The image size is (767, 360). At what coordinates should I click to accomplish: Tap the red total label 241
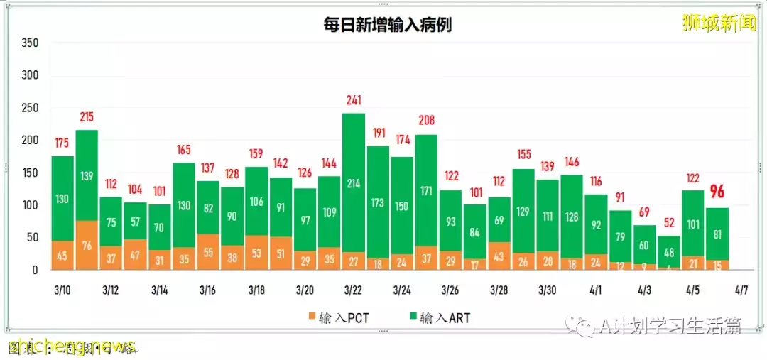pos(354,101)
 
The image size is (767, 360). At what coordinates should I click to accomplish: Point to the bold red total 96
pos(717,192)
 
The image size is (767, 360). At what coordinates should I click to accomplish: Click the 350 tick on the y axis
pos(30,43)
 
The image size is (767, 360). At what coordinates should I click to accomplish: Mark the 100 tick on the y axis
pos(30,205)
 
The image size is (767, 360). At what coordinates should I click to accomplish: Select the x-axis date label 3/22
pos(354,290)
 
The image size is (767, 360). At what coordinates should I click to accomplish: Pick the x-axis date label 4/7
pos(741,290)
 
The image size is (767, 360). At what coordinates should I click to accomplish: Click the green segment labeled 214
pos(354,182)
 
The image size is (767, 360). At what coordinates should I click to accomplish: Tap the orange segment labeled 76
pos(87,246)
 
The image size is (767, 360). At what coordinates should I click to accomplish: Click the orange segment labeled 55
pos(207,252)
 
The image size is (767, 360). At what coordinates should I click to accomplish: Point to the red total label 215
pos(87,117)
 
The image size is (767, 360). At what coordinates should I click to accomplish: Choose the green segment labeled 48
pos(668,251)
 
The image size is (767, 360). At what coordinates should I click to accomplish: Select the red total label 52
pos(668,224)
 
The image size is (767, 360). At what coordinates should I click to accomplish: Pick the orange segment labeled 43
pos(499,256)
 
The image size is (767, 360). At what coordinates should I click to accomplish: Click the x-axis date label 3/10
pos(62,290)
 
